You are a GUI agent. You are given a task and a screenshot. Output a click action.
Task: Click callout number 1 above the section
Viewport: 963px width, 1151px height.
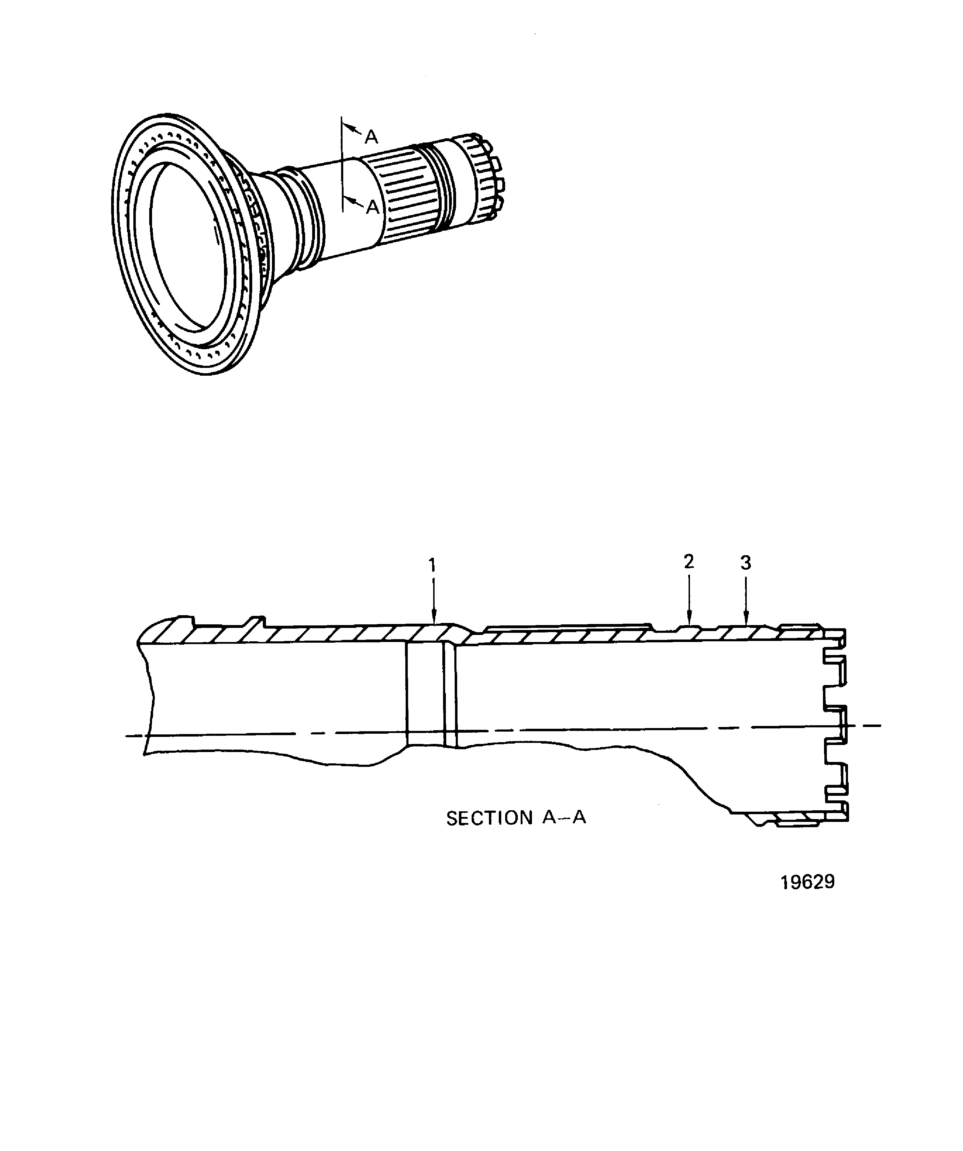tap(432, 565)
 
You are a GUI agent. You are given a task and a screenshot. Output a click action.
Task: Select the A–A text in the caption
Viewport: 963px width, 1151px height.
tap(564, 833)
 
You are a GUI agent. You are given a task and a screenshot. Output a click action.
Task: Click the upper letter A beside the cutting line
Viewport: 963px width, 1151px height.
tap(371, 137)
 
